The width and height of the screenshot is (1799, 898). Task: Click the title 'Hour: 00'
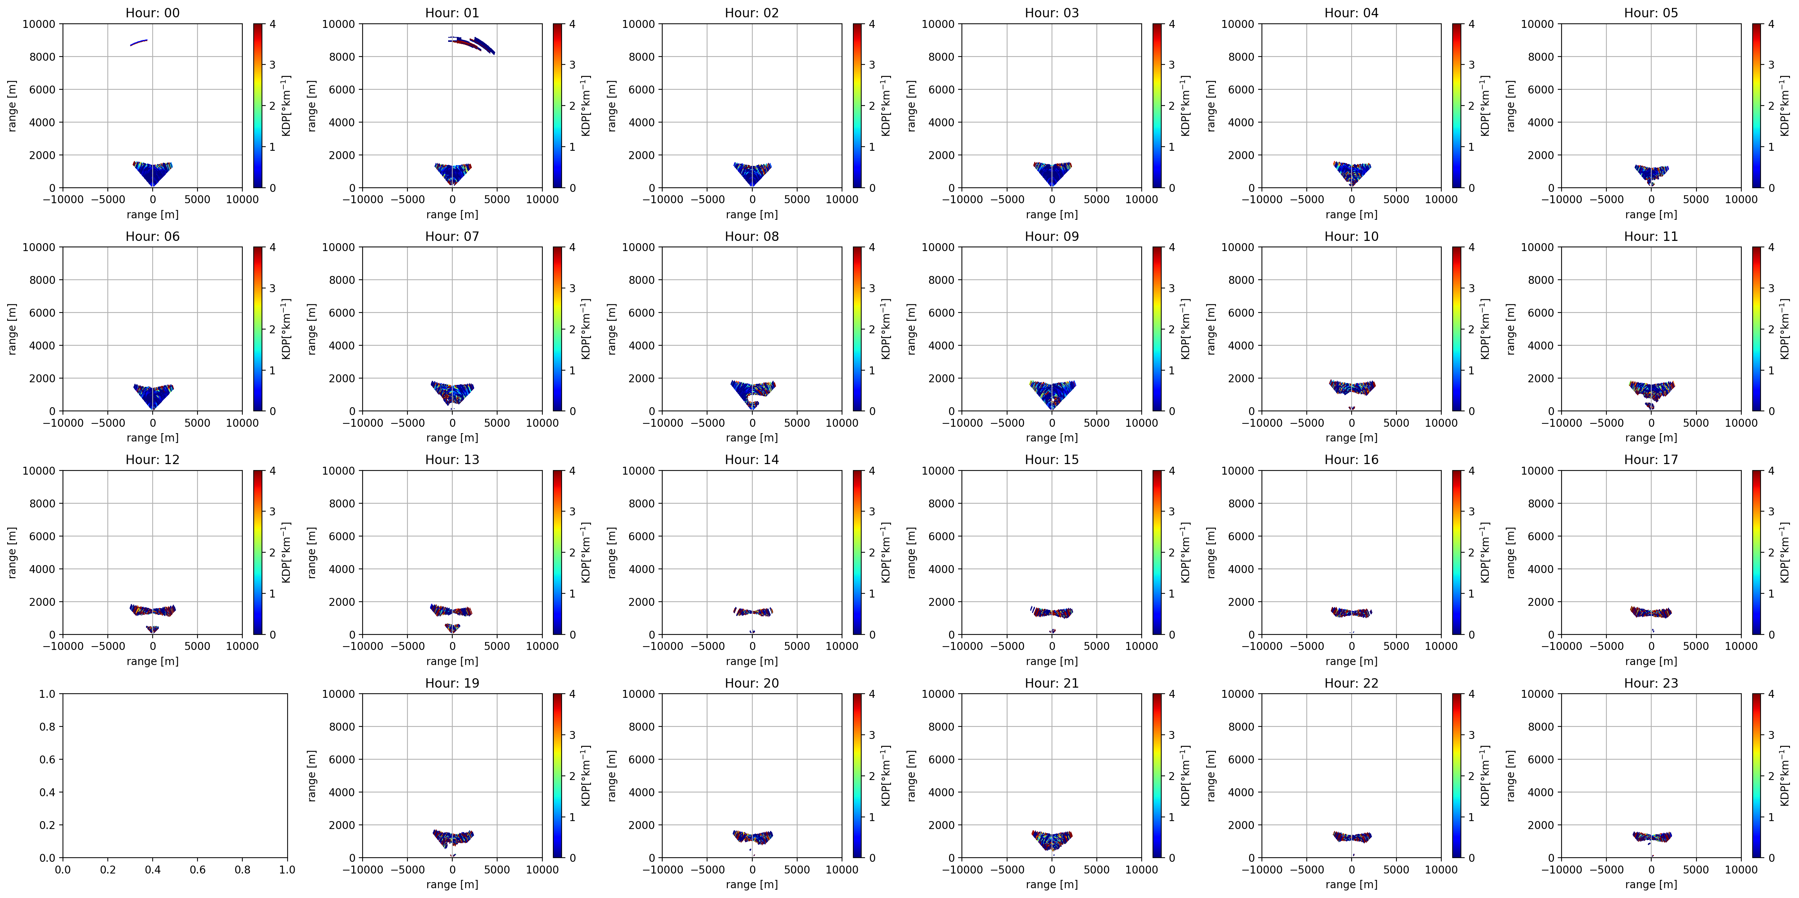coord(152,12)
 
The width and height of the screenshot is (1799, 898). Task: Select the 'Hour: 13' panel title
coord(452,460)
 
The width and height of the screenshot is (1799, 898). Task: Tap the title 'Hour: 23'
coord(1651,683)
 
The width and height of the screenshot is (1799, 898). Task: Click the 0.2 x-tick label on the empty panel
coord(107,869)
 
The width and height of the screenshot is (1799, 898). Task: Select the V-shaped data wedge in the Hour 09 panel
coord(1052,392)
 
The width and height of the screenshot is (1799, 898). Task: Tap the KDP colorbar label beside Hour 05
coord(1784,106)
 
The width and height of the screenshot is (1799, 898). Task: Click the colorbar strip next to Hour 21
coord(1157,775)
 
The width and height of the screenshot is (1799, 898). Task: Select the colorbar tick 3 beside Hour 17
coord(1771,511)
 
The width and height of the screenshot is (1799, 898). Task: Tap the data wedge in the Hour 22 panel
coord(1351,837)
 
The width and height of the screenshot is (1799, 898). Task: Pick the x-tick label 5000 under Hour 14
coord(797,646)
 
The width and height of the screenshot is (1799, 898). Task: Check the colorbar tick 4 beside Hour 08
coord(871,247)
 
